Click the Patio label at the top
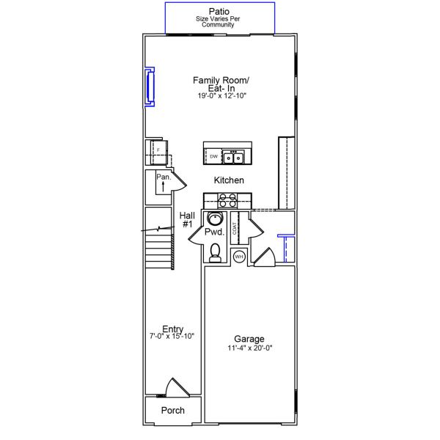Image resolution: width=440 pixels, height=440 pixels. point(219,11)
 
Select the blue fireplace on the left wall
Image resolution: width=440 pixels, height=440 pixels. point(150,87)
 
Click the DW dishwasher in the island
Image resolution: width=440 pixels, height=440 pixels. point(213,157)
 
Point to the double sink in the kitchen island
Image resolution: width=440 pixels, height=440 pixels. point(234,157)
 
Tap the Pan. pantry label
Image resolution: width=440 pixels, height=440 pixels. point(163,177)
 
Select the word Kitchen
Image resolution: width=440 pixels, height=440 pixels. point(229,180)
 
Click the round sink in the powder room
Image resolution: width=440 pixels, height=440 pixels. point(216,218)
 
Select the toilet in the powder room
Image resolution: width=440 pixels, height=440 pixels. point(215,253)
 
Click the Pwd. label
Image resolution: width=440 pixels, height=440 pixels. point(213,232)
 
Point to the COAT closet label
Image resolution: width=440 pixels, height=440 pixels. point(235,227)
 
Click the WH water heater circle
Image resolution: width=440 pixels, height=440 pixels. point(238,256)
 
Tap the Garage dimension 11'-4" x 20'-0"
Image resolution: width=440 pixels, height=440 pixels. point(249,348)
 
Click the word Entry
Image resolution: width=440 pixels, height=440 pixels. point(173,329)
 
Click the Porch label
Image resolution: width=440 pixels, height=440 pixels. point(172,411)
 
